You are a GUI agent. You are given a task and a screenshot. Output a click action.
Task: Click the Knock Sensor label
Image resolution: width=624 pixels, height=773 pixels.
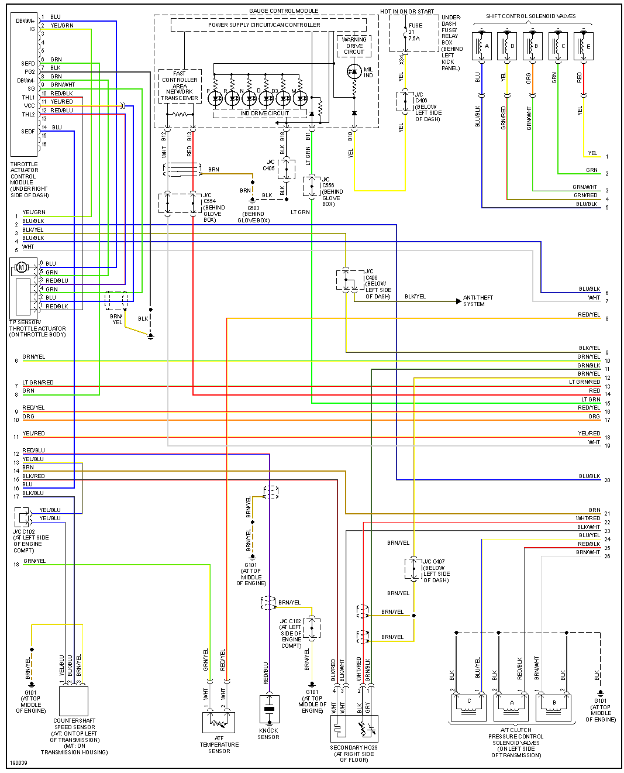pyautogui.click(x=268, y=734)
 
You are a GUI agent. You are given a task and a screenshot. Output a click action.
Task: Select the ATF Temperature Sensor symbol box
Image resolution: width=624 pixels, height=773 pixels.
pyautogui.click(x=219, y=722)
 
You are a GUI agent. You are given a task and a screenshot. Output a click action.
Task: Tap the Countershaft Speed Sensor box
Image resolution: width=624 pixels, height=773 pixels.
pyautogui.click(x=74, y=701)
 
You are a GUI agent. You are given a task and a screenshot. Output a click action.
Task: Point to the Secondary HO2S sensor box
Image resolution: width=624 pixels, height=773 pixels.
pyautogui.click(x=354, y=729)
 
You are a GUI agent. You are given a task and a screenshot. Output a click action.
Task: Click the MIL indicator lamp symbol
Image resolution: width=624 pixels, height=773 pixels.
pyautogui.click(x=354, y=72)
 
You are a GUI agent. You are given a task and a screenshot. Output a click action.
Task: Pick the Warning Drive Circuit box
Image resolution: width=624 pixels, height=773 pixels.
pyautogui.click(x=354, y=46)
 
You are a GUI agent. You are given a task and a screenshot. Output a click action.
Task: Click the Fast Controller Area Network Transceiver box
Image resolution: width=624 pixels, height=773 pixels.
pyautogui.click(x=180, y=86)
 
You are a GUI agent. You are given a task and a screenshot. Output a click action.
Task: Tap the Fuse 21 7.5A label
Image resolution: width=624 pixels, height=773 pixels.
pyautogui.click(x=415, y=32)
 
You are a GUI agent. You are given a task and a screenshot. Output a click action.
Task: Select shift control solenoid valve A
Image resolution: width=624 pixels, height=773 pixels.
pyautogui.click(x=481, y=46)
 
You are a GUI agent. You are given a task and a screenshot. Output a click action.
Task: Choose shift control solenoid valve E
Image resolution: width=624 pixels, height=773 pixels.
pyautogui.click(x=583, y=46)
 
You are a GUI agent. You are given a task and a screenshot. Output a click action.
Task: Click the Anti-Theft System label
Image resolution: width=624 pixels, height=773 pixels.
pyautogui.click(x=478, y=301)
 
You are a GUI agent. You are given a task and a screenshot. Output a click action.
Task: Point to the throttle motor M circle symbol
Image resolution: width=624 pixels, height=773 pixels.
pyautogui.click(x=22, y=267)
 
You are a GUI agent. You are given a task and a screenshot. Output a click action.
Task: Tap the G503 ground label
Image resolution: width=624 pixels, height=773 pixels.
pyautogui.click(x=253, y=214)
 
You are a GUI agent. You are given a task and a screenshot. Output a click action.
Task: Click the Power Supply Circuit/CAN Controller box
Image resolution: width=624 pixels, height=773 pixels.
pyautogui.click(x=264, y=25)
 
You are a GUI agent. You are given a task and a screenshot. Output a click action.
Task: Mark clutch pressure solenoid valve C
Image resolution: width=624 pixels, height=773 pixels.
pyautogui.click(x=468, y=706)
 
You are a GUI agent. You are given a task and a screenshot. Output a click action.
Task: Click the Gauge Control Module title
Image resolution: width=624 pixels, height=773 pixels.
pyautogui.click(x=284, y=11)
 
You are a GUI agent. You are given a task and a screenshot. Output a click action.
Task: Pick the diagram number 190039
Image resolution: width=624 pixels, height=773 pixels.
pyautogui.click(x=18, y=763)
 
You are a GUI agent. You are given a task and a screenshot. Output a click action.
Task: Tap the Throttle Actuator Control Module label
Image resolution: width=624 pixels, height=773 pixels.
pyautogui.click(x=29, y=180)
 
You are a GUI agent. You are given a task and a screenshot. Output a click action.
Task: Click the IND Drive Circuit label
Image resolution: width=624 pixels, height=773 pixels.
pyautogui.click(x=264, y=114)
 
